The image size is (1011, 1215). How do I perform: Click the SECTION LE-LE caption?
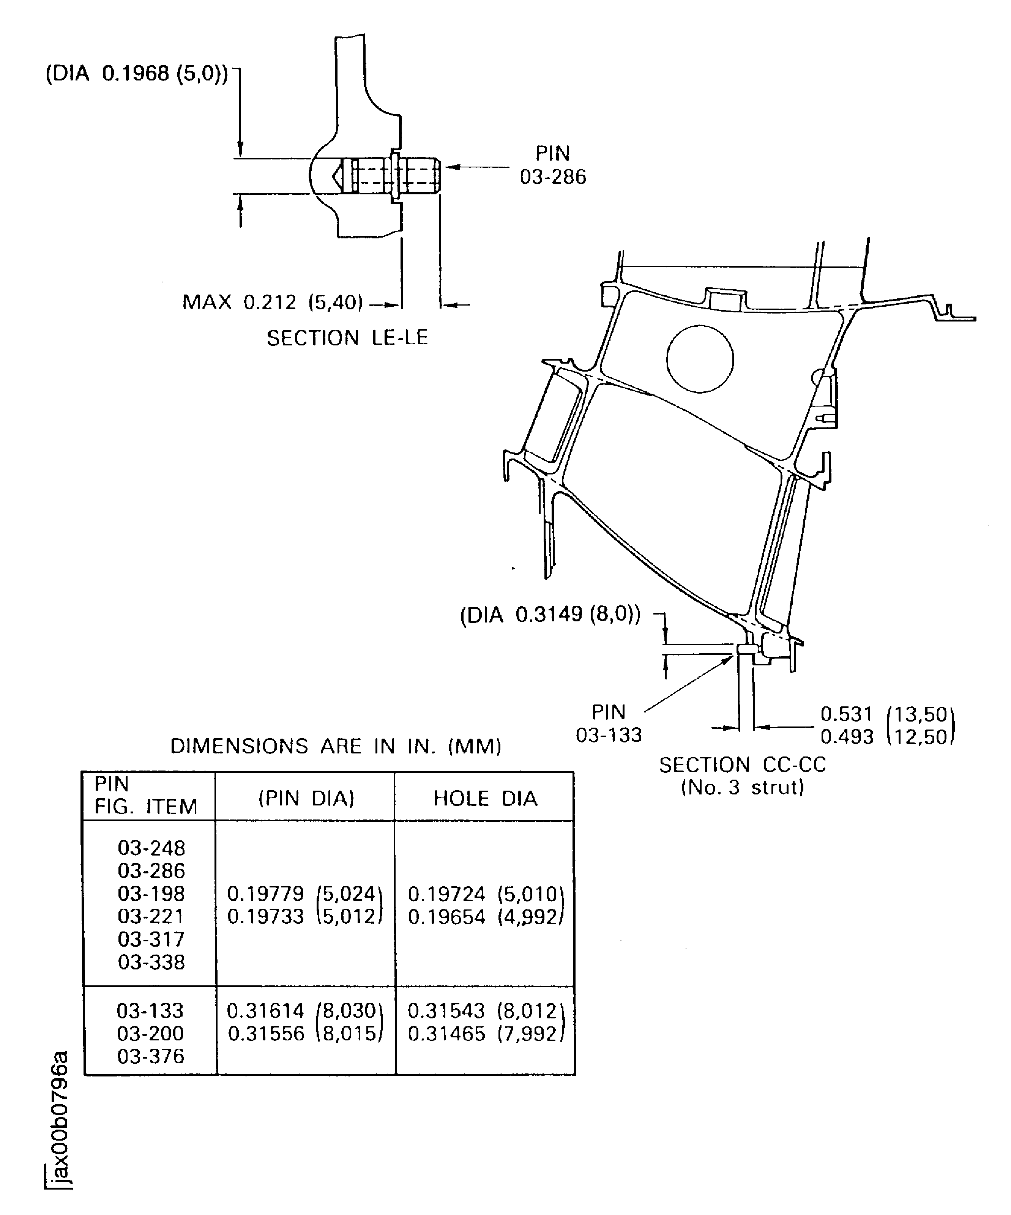[x=347, y=338]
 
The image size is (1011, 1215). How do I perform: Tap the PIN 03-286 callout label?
[x=553, y=165]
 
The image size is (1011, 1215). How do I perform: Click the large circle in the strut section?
[x=700, y=359]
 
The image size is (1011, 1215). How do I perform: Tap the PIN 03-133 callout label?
[x=609, y=723]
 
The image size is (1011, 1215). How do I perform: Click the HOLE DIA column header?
[x=485, y=799]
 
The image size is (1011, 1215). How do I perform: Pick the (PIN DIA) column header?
[x=306, y=799]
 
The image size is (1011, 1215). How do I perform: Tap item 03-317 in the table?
[x=151, y=939]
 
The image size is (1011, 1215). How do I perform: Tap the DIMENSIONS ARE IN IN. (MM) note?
[x=336, y=746]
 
